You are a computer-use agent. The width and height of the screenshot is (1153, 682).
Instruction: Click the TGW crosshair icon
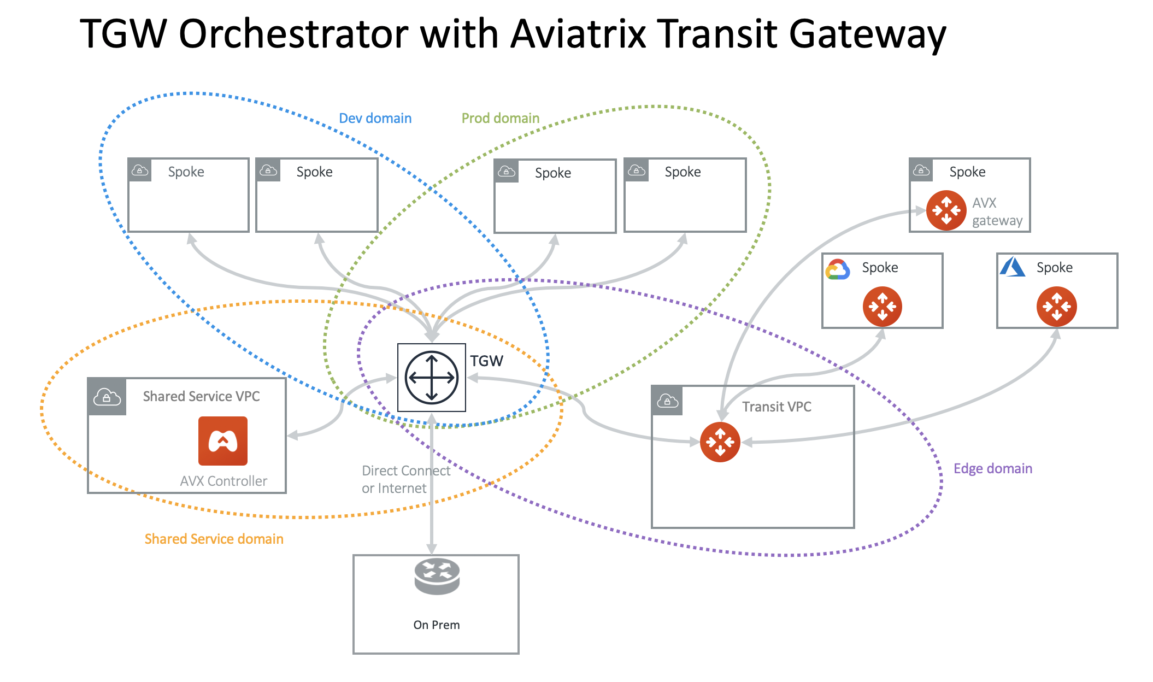pos(432,377)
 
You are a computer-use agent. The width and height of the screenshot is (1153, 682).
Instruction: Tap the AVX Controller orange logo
pos(223,441)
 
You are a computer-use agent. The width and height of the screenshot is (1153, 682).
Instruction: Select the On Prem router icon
pos(437,577)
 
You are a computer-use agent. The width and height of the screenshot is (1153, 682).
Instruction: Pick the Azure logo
pos(1012,267)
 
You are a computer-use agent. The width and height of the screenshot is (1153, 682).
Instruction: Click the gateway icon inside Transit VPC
pos(720,442)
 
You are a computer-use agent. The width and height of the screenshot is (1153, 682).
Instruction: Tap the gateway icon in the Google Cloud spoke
pos(882,307)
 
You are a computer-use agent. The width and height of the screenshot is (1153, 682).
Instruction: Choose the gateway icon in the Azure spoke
pos(1056,307)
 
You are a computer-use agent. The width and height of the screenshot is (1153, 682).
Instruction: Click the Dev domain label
pos(375,119)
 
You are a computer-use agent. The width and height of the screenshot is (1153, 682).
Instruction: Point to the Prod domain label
pos(500,119)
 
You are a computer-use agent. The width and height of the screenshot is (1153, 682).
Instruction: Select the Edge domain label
pos(992,469)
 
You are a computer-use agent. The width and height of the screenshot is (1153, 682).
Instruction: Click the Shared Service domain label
pos(214,539)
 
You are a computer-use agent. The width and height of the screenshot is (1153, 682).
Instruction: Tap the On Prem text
pos(436,625)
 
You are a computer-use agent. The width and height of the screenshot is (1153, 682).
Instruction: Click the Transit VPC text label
pos(776,407)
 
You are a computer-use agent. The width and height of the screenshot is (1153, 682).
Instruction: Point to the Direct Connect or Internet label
pos(405,479)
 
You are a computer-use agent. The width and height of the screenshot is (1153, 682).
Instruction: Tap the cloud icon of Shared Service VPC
pos(107,397)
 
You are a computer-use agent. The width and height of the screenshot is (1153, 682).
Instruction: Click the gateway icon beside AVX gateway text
pos(946,210)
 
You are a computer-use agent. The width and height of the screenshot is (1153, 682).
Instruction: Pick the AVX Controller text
pos(223,481)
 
